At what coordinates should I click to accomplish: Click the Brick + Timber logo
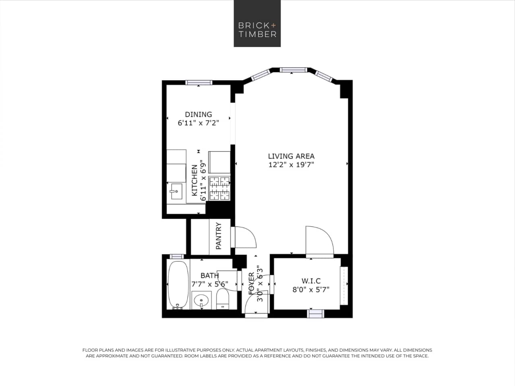click(257, 23)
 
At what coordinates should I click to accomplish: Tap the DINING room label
click(198, 114)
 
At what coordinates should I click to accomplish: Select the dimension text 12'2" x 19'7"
click(291, 164)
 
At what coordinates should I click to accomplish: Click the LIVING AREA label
click(291, 156)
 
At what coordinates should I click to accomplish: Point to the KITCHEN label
click(194, 180)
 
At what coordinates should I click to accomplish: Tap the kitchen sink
click(175, 192)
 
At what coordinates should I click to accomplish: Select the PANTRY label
click(219, 236)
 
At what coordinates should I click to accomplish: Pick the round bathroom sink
click(201, 300)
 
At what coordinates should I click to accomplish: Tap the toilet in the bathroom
click(223, 299)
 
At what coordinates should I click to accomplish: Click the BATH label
click(209, 276)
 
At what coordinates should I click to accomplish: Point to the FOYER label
click(252, 283)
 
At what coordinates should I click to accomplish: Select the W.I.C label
click(311, 281)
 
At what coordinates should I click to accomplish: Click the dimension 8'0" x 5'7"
click(311, 289)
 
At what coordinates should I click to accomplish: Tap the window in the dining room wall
click(199, 83)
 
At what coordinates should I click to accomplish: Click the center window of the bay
click(293, 70)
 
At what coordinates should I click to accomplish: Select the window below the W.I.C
click(315, 313)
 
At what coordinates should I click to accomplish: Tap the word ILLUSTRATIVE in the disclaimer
click(195, 350)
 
